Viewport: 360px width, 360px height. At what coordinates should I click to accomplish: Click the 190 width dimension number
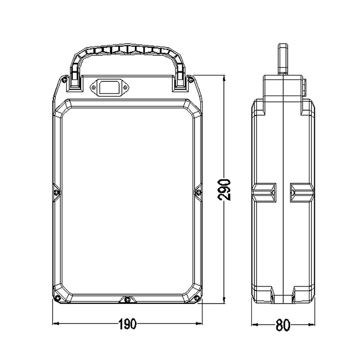click(127, 324)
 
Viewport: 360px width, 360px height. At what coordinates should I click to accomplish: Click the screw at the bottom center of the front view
click(128, 299)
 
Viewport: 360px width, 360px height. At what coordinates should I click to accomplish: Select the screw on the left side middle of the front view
click(56, 192)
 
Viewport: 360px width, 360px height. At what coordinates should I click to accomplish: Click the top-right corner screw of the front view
click(191, 80)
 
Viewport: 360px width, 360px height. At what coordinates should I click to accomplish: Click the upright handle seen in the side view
click(283, 58)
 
